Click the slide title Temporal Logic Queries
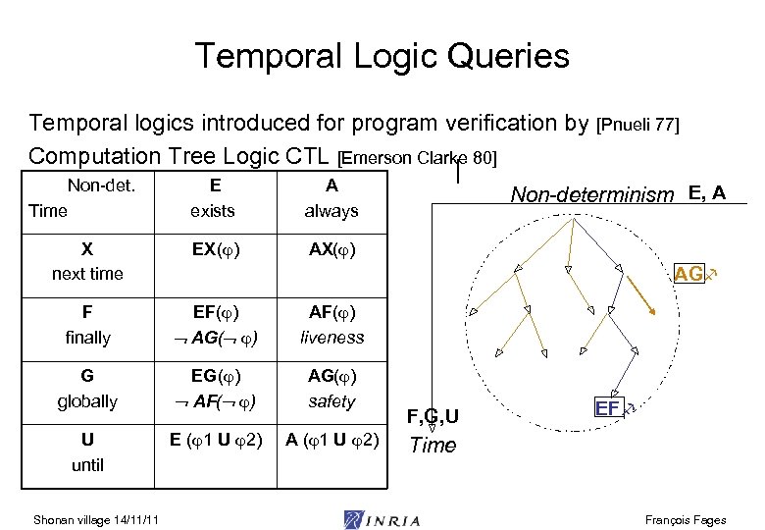(382, 56)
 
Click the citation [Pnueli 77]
(638, 125)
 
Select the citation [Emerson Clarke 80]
(417, 158)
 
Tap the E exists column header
(214, 197)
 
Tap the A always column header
(331, 197)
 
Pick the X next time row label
(87, 261)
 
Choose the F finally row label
(87, 325)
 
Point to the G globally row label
(87, 389)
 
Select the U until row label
(87, 452)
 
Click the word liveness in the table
(331, 338)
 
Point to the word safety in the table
(331, 401)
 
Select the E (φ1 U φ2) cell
(214, 441)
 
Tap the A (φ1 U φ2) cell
(332, 441)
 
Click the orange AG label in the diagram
(688, 275)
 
